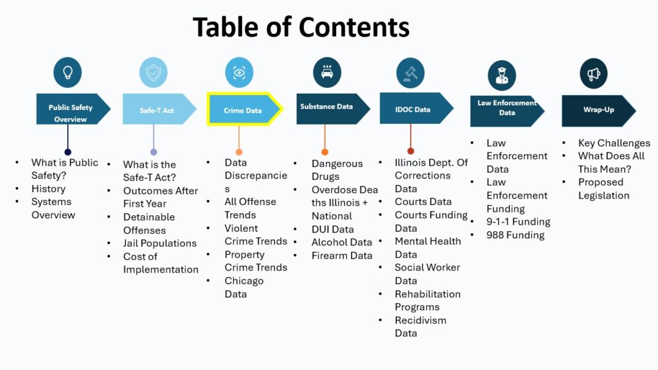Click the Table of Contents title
(x=301, y=27)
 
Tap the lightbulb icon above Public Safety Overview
(x=67, y=72)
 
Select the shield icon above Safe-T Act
(x=153, y=72)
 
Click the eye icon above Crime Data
(x=239, y=72)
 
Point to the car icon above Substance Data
(x=327, y=72)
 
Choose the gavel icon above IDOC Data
(x=411, y=73)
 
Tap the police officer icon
(x=502, y=76)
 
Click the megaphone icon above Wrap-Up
(x=593, y=74)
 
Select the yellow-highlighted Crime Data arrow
(x=245, y=109)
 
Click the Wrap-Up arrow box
(x=599, y=110)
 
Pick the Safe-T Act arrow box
(x=159, y=109)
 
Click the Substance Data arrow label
(x=326, y=107)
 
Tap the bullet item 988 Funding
(x=515, y=235)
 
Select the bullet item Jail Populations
(x=159, y=243)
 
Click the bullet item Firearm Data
(x=342, y=256)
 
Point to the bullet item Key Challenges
(x=614, y=143)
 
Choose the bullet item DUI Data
(x=332, y=229)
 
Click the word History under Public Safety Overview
(x=48, y=189)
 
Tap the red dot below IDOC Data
(x=411, y=151)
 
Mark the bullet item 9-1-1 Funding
(x=519, y=222)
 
